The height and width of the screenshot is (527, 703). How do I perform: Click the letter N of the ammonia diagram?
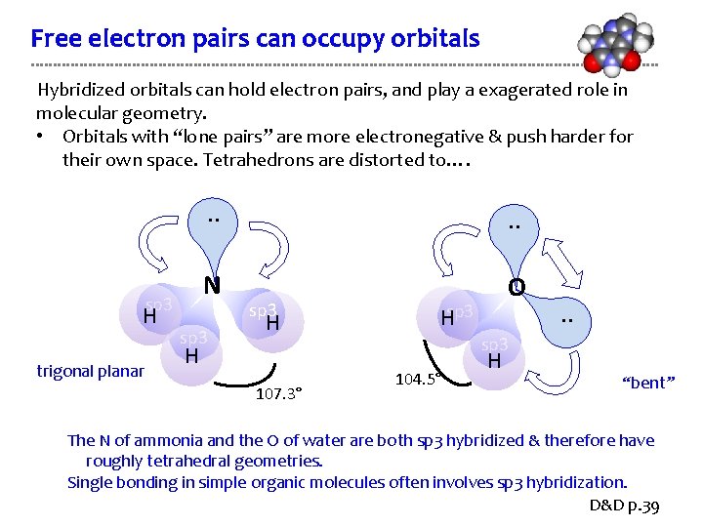pos(210,286)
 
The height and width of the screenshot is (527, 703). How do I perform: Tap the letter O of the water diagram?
pos(517,287)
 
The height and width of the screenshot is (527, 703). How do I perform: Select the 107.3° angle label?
pos(278,393)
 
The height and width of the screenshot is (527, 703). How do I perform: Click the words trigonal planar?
pos(91,371)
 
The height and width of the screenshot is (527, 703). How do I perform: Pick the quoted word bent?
pos(648,383)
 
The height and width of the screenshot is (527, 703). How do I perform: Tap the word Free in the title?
pos(56,39)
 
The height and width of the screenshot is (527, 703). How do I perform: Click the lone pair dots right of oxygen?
pos(566,321)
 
